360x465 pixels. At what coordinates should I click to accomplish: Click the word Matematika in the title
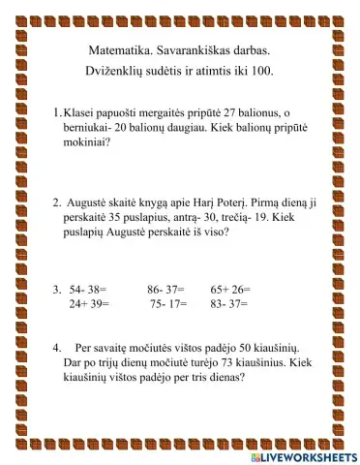(x=105, y=48)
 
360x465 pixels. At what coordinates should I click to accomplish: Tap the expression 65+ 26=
(x=230, y=289)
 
